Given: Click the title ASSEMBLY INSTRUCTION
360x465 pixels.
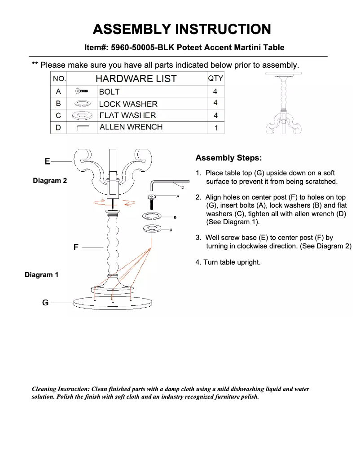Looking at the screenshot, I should point(182,29).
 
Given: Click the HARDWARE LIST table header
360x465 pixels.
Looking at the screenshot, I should point(136,78).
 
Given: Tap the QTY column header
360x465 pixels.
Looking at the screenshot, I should point(215,78).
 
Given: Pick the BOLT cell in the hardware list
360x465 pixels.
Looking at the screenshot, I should point(110,91).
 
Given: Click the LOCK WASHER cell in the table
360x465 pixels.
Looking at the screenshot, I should point(128,104).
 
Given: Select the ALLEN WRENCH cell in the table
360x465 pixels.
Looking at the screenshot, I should point(131,127).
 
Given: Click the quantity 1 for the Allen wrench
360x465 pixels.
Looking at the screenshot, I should point(216,128).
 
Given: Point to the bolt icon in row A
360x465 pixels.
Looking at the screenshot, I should point(82,91).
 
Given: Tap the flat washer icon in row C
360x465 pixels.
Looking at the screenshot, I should point(82,115).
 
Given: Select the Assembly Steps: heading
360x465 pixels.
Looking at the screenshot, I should point(228,158).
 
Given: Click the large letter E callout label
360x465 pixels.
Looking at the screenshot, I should point(47,161).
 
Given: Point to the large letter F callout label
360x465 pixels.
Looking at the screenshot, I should point(76,247).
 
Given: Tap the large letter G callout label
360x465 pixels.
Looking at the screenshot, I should point(45,303).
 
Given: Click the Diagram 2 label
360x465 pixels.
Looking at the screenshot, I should point(50,181).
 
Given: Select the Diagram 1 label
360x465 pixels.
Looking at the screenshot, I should point(41,274).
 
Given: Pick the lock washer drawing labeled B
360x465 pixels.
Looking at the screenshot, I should point(154,217).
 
